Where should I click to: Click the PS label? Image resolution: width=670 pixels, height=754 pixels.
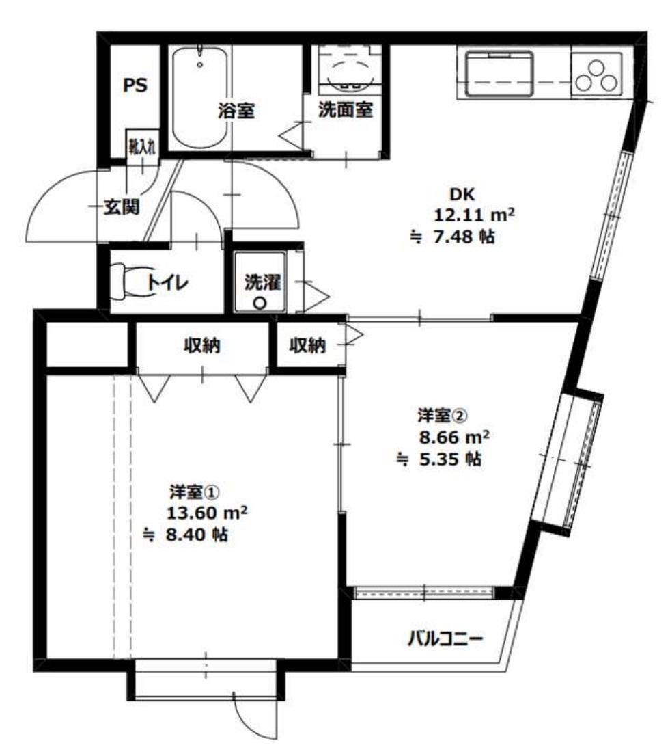135,86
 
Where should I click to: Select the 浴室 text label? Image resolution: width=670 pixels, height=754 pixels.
236,111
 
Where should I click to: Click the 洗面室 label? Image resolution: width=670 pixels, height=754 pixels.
345,111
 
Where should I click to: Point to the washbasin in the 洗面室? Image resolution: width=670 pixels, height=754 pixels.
348,72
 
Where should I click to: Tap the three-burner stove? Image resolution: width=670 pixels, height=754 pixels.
596,75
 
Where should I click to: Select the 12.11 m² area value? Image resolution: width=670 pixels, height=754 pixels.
474,215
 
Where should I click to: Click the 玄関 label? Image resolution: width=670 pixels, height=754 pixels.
122,206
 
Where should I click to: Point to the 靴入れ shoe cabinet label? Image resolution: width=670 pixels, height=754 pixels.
142,147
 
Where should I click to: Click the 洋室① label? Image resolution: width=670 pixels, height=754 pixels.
192,492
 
